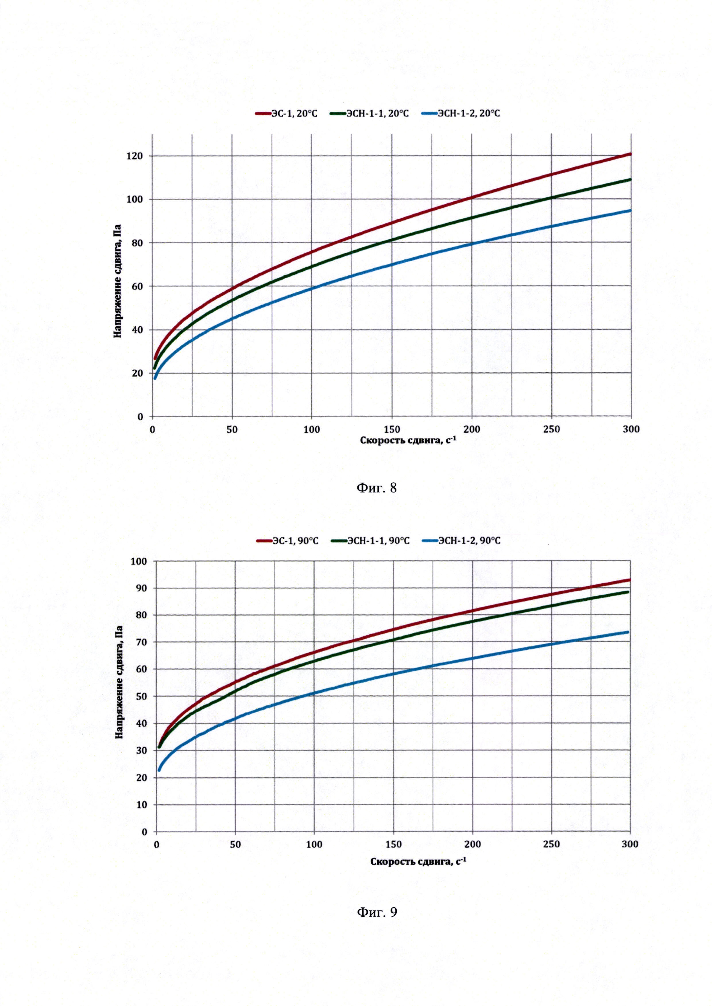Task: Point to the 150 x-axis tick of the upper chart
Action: [392, 429]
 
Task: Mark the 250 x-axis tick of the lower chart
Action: [551, 844]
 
